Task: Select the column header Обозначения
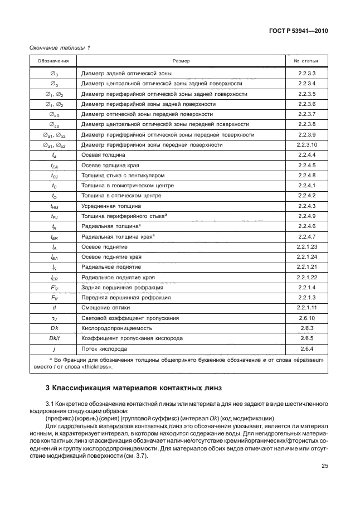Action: click(53, 60)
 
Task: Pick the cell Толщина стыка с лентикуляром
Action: click(123, 175)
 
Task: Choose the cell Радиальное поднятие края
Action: click(118, 277)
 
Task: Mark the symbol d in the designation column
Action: click(53, 307)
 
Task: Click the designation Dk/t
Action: click(53, 338)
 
